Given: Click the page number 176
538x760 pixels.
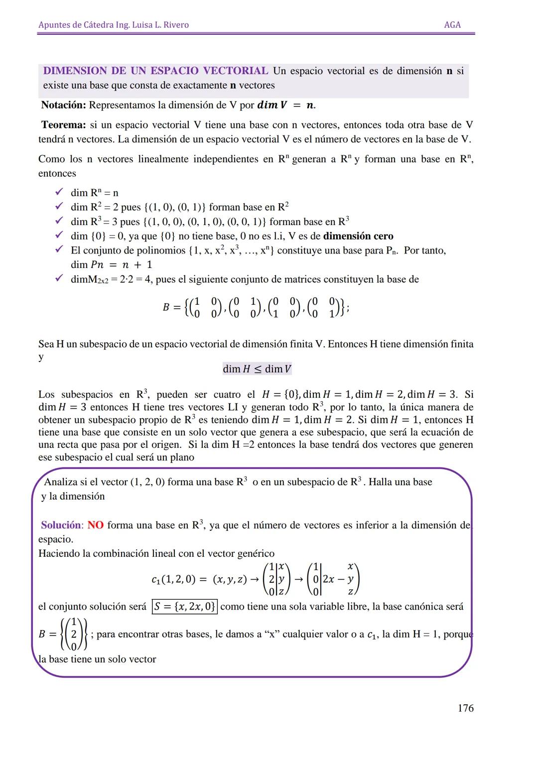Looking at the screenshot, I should pos(465,708).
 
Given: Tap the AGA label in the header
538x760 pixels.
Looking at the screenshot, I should pos(452,25).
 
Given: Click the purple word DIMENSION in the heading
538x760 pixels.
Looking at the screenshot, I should pos(75,71).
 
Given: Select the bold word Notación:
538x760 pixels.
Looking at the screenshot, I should pos(64,105).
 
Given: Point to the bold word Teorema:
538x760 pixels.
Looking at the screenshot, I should pos(63,125).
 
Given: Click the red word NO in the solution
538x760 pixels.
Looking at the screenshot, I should pos(95,525).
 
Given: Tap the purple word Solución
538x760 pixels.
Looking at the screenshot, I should pos(60,525).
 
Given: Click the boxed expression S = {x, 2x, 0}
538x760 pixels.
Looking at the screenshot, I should pos(184,607).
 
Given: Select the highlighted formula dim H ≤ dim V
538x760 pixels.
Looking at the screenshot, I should pos(257,369).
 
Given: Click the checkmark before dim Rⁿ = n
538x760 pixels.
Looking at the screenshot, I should pos(59,192).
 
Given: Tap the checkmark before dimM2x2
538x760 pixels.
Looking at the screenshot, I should pos(59,279).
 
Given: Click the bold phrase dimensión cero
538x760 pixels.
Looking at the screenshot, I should pos(358,236).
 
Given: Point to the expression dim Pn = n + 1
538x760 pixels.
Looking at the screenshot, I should pos(111,264).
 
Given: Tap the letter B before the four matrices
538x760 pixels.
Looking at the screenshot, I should pos(166,307).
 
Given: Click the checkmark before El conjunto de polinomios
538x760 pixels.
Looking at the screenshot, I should pos(59,250).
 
